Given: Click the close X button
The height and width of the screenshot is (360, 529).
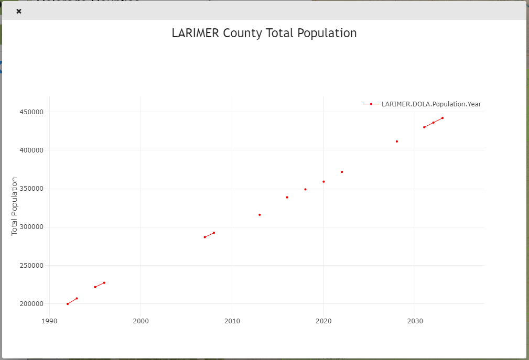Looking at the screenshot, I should tap(19, 11).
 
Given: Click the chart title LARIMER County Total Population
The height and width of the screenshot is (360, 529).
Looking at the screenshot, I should tap(264, 33).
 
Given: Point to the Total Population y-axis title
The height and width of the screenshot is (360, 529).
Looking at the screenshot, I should tap(15, 206).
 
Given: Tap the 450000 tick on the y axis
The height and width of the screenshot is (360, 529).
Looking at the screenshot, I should tap(31, 112).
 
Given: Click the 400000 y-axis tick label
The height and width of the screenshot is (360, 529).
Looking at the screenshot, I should tap(31, 150).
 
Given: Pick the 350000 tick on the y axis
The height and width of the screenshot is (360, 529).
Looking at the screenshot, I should tap(31, 189).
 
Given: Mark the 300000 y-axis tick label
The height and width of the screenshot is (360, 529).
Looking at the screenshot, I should tap(31, 227).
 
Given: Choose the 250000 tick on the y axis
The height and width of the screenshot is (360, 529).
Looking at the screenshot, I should tap(31, 266).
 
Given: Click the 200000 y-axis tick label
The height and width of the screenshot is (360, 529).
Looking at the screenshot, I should tap(31, 304).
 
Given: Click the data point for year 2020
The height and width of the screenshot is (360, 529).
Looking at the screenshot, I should tap(323, 182).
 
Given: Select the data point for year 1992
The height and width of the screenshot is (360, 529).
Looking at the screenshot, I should tap(68, 304).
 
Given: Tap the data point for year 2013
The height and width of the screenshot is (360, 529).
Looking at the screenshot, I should tap(260, 215).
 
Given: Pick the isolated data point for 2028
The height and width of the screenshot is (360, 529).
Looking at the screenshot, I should tap(397, 141).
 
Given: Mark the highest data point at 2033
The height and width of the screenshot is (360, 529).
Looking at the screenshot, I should tap(442, 118).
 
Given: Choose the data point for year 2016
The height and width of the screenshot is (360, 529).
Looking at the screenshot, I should tap(287, 198).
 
